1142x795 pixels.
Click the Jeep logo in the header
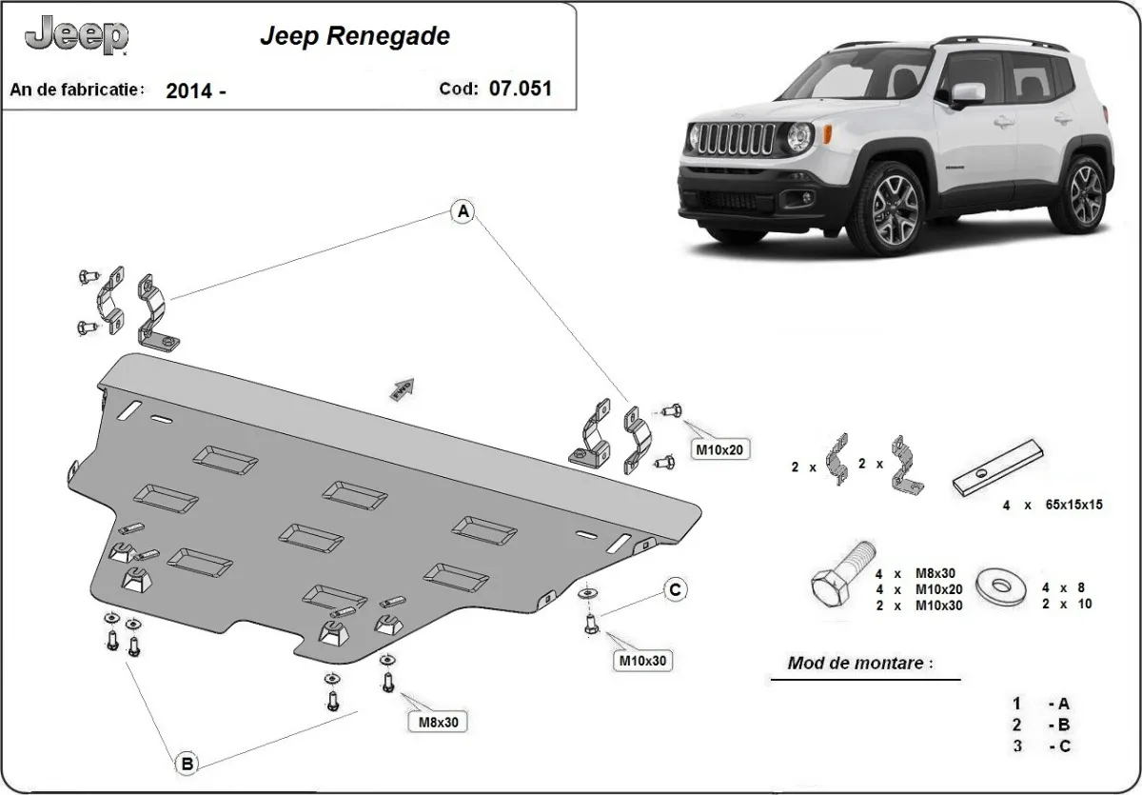[76, 36]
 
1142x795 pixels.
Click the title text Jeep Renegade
[355, 37]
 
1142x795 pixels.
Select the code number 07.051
[520, 89]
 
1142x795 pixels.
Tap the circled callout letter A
[463, 212]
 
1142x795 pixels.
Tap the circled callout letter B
[187, 762]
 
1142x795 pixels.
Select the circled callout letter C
[674, 590]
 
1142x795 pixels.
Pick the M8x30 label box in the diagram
[439, 722]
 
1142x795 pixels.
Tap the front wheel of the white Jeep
[893, 207]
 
